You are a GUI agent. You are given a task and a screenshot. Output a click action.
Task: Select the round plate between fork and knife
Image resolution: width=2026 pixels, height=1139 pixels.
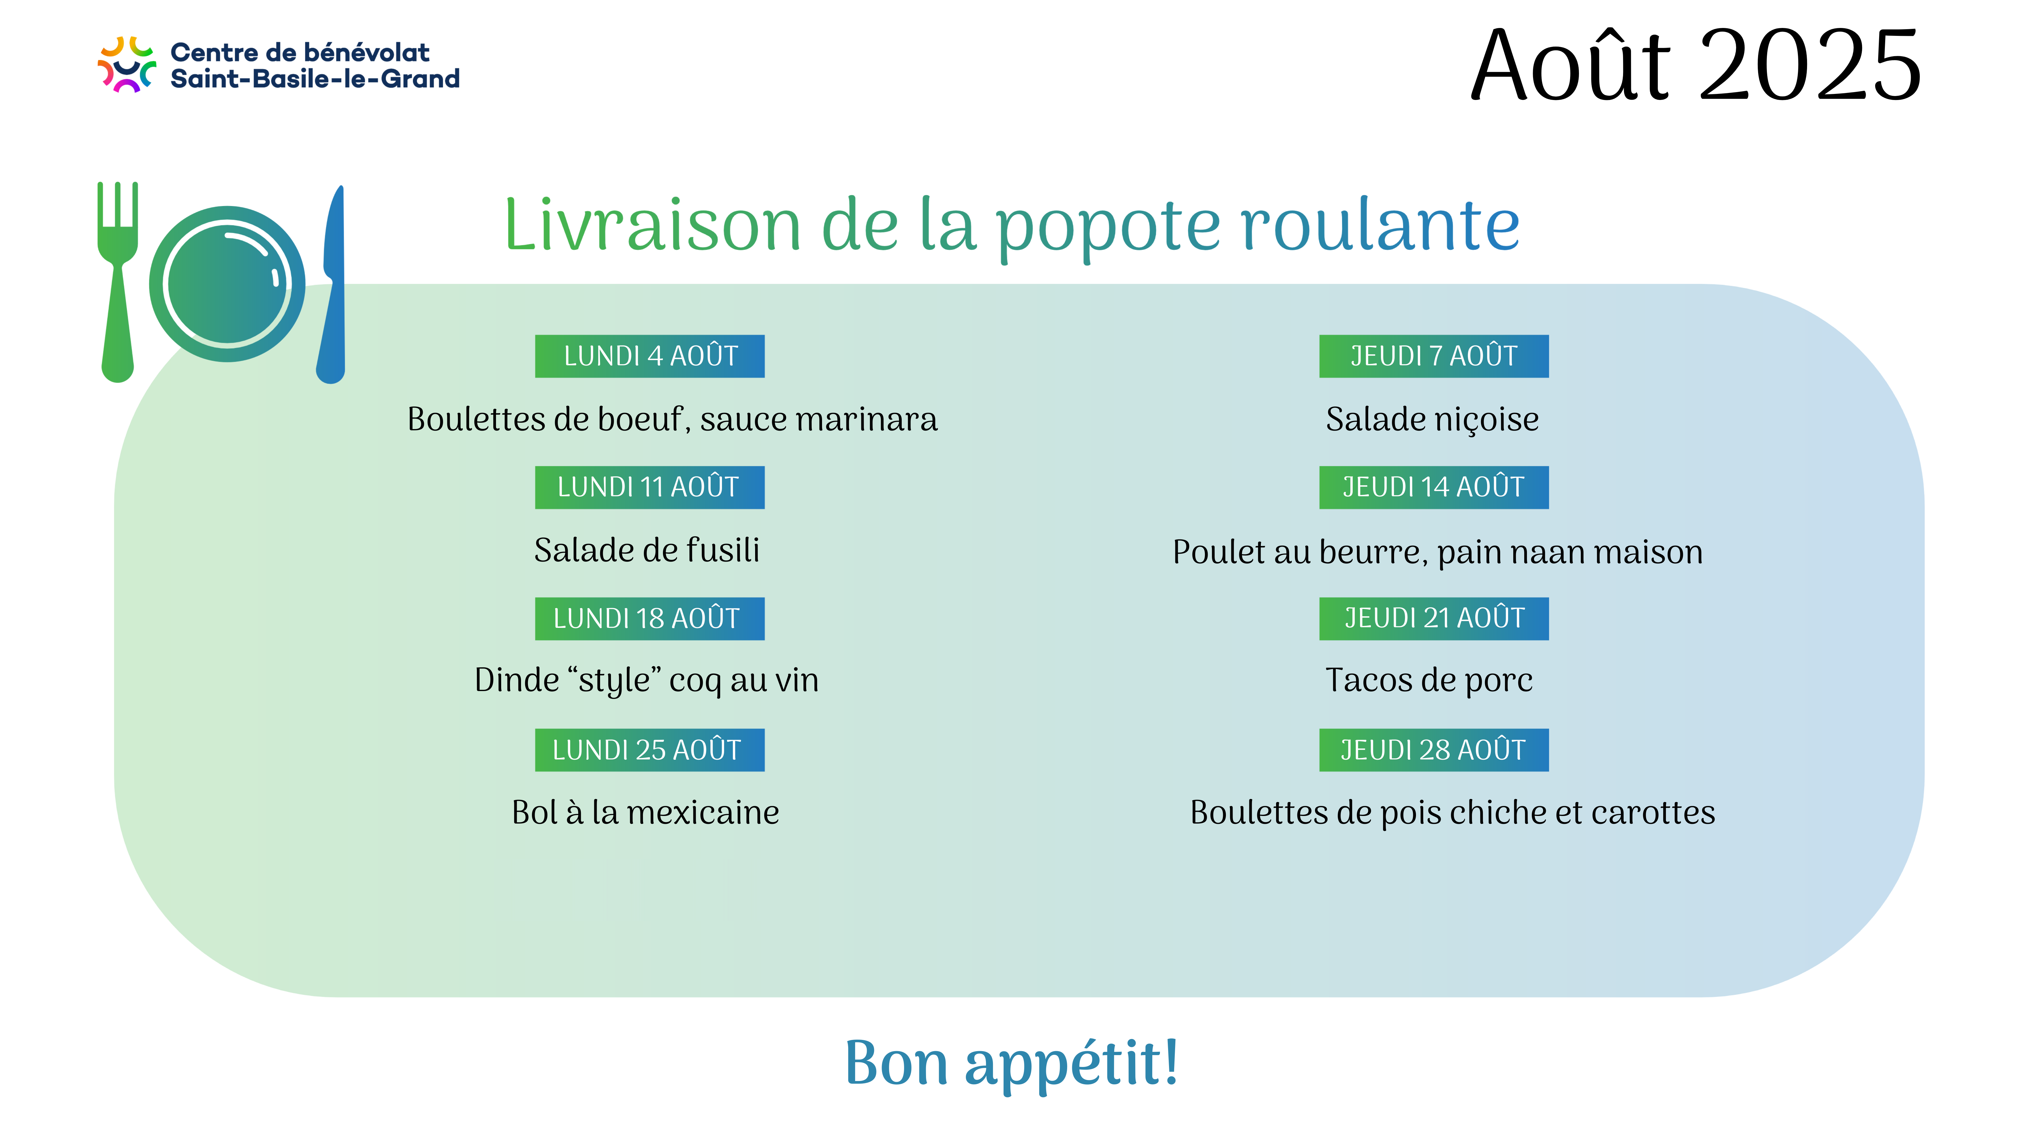pyautogui.click(x=227, y=284)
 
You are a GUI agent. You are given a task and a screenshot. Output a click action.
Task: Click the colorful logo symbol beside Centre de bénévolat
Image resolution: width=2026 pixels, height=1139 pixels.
pyautogui.click(x=126, y=64)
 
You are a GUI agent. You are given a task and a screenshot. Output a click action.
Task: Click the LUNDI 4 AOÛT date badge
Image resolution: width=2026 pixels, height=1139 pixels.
pyautogui.click(x=650, y=356)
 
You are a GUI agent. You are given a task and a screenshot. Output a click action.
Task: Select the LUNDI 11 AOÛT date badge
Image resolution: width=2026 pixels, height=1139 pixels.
pyautogui.click(x=650, y=487)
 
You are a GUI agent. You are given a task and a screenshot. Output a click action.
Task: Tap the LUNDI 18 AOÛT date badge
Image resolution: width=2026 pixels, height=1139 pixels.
pyautogui.click(x=650, y=619)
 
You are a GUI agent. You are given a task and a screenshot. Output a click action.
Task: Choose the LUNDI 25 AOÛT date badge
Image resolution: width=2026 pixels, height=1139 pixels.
pyautogui.click(x=650, y=750)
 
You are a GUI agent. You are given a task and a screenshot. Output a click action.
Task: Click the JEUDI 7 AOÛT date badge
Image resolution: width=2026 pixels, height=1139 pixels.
pyautogui.click(x=1434, y=356)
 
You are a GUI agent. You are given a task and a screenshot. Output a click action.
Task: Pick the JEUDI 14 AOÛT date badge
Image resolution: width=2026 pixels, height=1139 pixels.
pyautogui.click(x=1434, y=487)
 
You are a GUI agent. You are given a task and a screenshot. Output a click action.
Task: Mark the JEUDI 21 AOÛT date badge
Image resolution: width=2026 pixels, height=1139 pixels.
pyautogui.click(x=1434, y=619)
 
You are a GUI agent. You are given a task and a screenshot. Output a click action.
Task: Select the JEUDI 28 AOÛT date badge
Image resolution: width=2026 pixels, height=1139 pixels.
pyautogui.click(x=1434, y=750)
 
